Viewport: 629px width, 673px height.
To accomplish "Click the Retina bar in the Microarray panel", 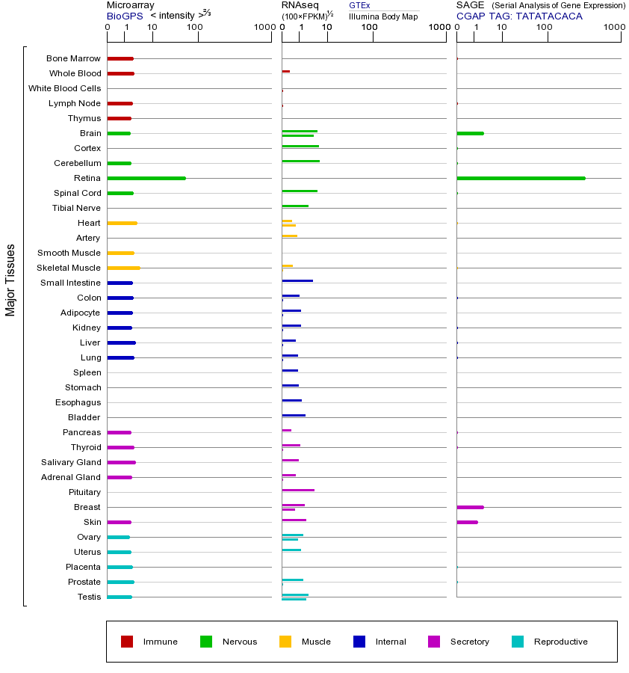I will pyautogui.click(x=146, y=178).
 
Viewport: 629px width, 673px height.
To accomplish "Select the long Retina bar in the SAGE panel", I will pyautogui.click(x=521, y=178).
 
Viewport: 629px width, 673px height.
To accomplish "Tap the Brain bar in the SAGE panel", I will pyautogui.click(x=470, y=133).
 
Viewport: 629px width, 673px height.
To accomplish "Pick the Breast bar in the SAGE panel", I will pyautogui.click(x=470, y=507).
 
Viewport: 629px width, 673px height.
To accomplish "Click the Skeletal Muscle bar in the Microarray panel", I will pyautogui.click(x=123, y=268).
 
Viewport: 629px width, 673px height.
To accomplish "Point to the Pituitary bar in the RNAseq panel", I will pyautogui.click(x=298, y=490).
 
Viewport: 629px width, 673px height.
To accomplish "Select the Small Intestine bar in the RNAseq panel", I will pyautogui.click(x=297, y=280).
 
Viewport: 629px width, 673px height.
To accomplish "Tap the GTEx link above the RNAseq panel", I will pyautogui.click(x=359, y=5).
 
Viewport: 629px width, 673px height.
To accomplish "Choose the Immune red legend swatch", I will pyautogui.click(x=127, y=642).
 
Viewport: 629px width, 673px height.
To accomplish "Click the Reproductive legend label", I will pyautogui.click(x=560, y=642).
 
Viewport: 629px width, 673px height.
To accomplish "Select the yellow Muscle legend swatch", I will pyautogui.click(x=285, y=642).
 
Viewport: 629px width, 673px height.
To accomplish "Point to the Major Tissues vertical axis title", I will pyautogui.click(x=10, y=280).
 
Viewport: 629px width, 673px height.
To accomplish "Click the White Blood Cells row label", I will pyautogui.click(x=64, y=88).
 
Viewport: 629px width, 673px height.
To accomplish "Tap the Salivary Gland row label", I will pyautogui.click(x=71, y=462).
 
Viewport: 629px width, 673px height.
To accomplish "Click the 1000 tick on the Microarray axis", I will pyautogui.click(x=264, y=28).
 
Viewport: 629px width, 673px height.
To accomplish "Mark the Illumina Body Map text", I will pyautogui.click(x=383, y=16).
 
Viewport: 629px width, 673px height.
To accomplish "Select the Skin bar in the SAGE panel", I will pyautogui.click(x=467, y=522).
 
